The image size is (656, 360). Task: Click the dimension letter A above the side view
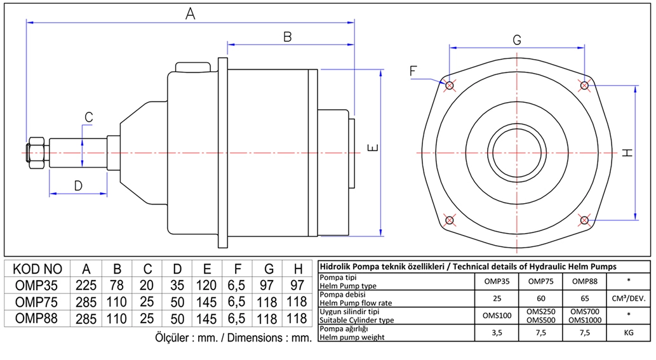click(x=189, y=12)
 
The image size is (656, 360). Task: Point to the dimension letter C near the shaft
click(x=89, y=117)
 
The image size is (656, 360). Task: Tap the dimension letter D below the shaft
click(x=78, y=185)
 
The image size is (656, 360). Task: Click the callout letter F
click(x=413, y=71)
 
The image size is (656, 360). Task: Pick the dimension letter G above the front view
click(x=517, y=39)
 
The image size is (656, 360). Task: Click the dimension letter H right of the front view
click(x=627, y=152)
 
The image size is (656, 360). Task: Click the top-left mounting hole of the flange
click(x=450, y=85)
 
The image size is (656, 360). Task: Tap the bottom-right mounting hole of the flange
click(x=584, y=220)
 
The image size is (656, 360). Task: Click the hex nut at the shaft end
click(x=37, y=152)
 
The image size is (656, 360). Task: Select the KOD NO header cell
click(x=37, y=268)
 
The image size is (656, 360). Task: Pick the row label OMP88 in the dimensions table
click(x=37, y=318)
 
